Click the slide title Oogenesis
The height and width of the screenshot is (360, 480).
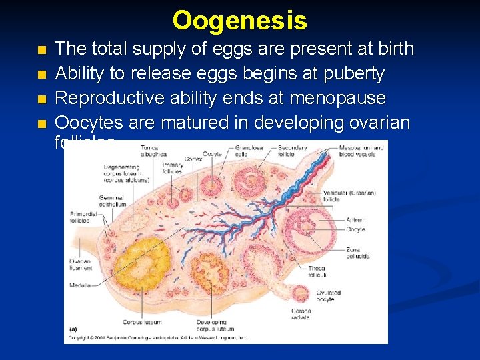click(240, 20)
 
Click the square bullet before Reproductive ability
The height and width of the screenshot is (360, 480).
click(42, 99)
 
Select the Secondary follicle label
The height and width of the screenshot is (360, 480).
click(291, 150)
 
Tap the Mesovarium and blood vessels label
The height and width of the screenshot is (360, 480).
click(361, 150)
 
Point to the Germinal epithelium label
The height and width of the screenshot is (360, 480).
click(111, 201)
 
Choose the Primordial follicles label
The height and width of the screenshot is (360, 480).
click(83, 217)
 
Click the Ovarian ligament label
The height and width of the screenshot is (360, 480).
click(79, 264)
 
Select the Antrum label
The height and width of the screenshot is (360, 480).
click(355, 219)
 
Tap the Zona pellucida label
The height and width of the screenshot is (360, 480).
click(357, 252)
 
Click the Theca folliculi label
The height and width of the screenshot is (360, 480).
click(317, 271)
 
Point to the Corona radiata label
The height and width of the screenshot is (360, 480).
click(301, 314)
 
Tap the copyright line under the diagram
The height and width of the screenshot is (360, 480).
click(157, 338)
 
